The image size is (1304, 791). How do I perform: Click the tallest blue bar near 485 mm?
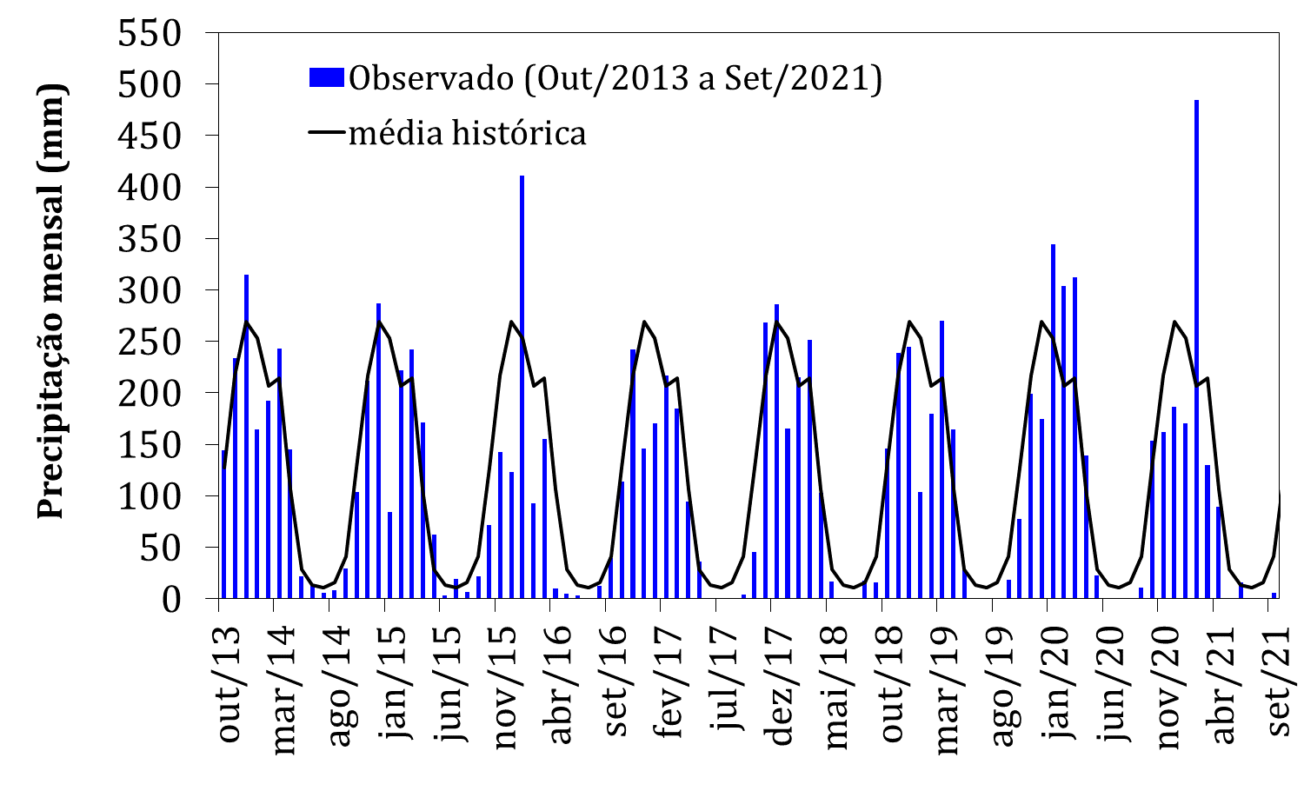[1196, 348]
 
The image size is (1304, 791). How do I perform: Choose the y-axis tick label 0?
[182, 599]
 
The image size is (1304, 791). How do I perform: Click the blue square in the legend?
[327, 78]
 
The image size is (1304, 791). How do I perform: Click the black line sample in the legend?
[327, 133]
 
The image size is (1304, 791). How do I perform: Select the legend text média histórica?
[467, 133]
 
